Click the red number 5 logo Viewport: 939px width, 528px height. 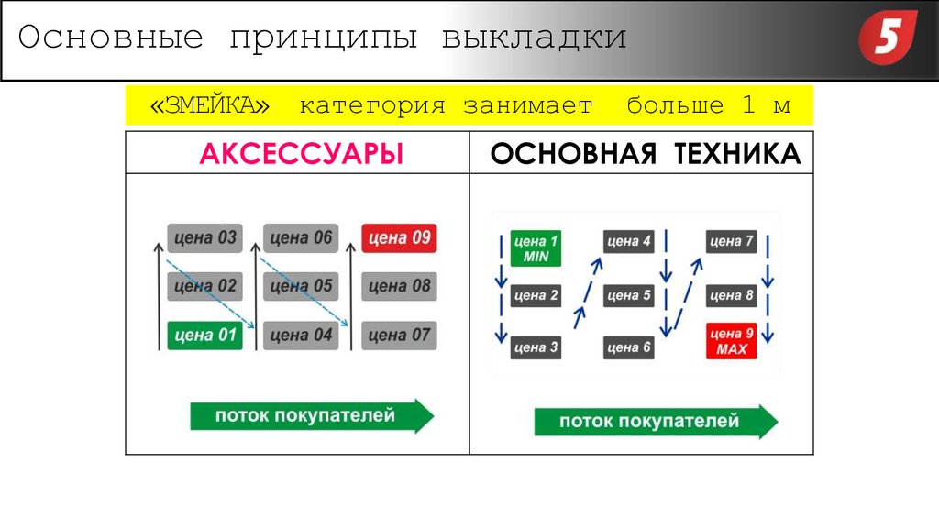(887, 40)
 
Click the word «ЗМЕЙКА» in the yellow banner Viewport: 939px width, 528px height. (211, 105)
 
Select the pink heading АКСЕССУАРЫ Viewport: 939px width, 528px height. (302, 153)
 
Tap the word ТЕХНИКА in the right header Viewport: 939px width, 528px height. (739, 153)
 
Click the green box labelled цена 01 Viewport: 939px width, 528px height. (204, 335)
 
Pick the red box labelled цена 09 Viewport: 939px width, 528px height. (399, 238)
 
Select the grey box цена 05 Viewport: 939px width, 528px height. (301, 286)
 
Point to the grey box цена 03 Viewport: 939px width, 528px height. (204, 238)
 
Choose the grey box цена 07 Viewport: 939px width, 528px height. (399, 335)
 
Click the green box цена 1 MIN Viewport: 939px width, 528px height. (536, 249)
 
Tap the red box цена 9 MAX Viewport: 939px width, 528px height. (731, 342)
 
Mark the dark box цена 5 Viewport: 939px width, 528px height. (628, 295)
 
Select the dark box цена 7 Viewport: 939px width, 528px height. (731, 242)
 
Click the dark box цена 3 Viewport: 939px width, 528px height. (536, 347)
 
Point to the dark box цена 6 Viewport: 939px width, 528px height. (628, 347)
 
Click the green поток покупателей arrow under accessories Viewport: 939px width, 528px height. (311, 415)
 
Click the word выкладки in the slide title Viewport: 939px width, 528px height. (534, 39)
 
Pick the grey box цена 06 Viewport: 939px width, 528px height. (301, 238)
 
